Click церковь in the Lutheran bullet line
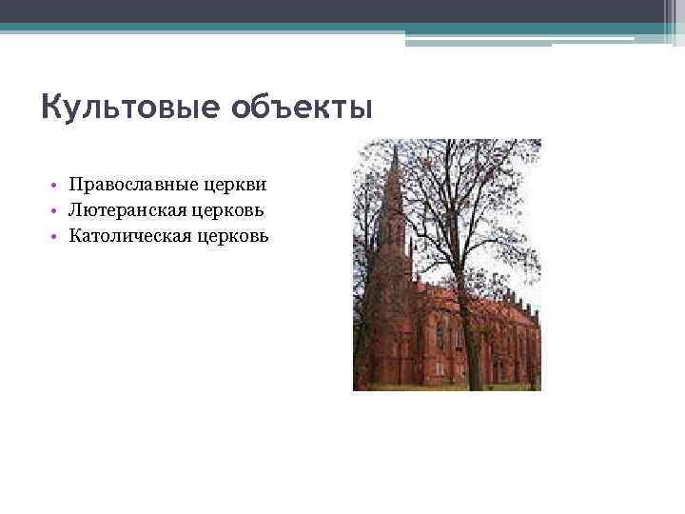pos(232,208)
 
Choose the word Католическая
pos(134,234)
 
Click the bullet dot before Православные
pos(57,184)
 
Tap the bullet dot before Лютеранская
pos(57,209)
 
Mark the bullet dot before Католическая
pos(57,235)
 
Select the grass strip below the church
pos(447,386)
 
